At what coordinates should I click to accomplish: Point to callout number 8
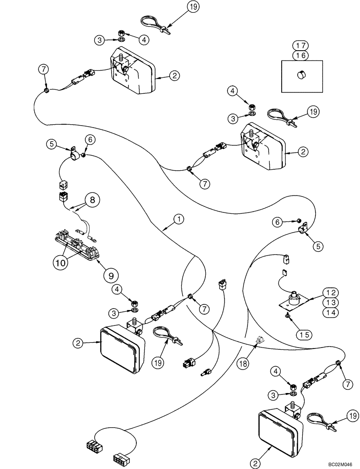click(91, 200)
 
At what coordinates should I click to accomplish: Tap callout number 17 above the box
click(301, 46)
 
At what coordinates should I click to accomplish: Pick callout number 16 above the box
click(301, 55)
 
